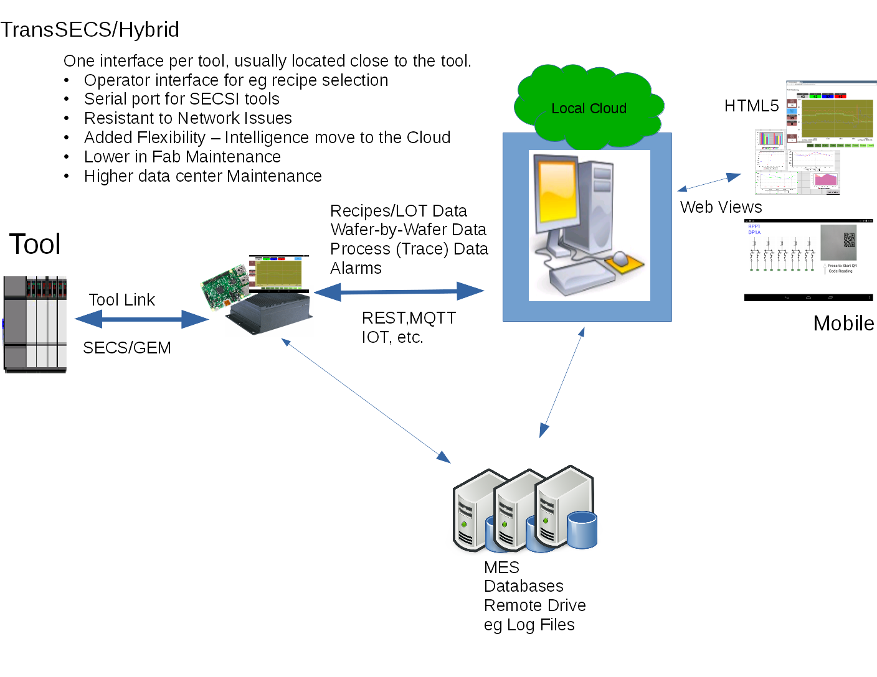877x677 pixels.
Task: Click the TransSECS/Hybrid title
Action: [x=90, y=29]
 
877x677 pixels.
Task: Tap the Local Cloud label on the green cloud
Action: [x=589, y=108]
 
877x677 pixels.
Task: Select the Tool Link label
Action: [x=121, y=300]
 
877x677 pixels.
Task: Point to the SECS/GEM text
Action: [x=126, y=348]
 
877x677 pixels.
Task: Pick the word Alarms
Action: [x=356, y=268]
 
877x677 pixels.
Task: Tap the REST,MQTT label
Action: [x=409, y=318]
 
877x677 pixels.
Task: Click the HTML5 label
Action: [x=751, y=106]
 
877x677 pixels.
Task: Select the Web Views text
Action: [x=721, y=207]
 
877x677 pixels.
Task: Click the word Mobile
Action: [x=843, y=324]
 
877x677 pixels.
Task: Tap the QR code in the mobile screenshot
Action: [x=849, y=240]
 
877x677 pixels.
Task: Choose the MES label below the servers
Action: [x=501, y=567]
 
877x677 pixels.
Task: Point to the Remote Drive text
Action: [x=534, y=605]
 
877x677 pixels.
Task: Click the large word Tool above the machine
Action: [x=35, y=244]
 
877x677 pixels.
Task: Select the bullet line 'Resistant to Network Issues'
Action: [x=187, y=118]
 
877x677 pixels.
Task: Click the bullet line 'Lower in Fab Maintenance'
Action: [x=182, y=157]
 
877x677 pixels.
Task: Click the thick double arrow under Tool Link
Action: [x=141, y=320]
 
